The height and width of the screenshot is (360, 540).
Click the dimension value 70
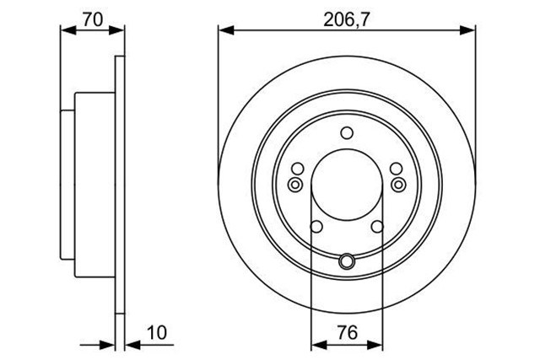(x=93, y=19)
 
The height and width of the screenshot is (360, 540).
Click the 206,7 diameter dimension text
(x=346, y=20)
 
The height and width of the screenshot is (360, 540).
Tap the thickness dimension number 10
(x=157, y=332)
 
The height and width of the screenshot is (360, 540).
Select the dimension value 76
(x=348, y=332)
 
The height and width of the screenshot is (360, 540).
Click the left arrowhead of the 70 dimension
(x=67, y=30)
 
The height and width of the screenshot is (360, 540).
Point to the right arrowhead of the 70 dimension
(x=116, y=30)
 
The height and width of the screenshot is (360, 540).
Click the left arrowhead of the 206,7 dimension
(x=226, y=30)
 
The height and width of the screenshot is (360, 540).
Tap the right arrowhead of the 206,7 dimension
(x=467, y=30)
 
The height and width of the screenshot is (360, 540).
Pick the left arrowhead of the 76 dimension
(x=319, y=344)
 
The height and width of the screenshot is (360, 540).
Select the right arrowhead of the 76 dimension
(x=375, y=344)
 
